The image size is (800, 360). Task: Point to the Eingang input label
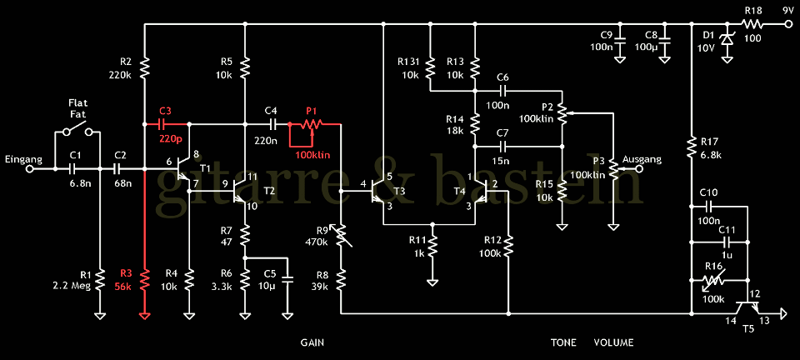22,159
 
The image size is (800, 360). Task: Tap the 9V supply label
788,11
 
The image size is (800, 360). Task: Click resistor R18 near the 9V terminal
752,24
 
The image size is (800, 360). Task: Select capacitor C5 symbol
288,277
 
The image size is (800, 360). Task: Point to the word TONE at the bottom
563,342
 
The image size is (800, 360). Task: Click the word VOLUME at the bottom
613,342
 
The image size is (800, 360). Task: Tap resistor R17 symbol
691,148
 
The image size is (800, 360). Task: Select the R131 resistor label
408,61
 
